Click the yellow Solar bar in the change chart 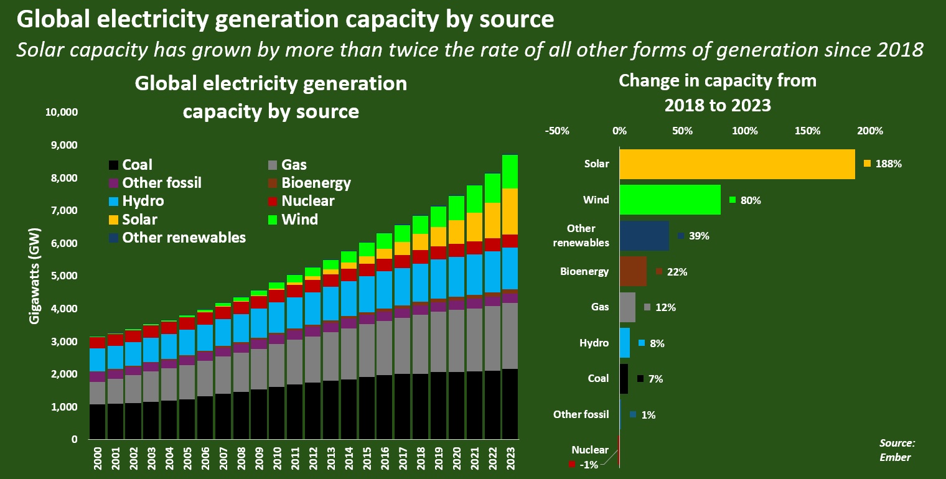[x=737, y=164]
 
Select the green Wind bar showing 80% [x=670, y=200]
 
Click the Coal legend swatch [x=113, y=165]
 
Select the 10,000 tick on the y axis [x=60, y=113]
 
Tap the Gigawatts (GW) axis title [x=35, y=283]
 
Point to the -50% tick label [x=556, y=131]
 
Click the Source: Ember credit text [x=897, y=450]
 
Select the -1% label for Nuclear [x=588, y=464]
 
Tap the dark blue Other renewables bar [x=644, y=236]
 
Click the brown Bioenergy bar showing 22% [x=633, y=271]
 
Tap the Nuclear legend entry [x=307, y=202]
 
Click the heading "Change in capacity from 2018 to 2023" [x=718, y=93]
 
